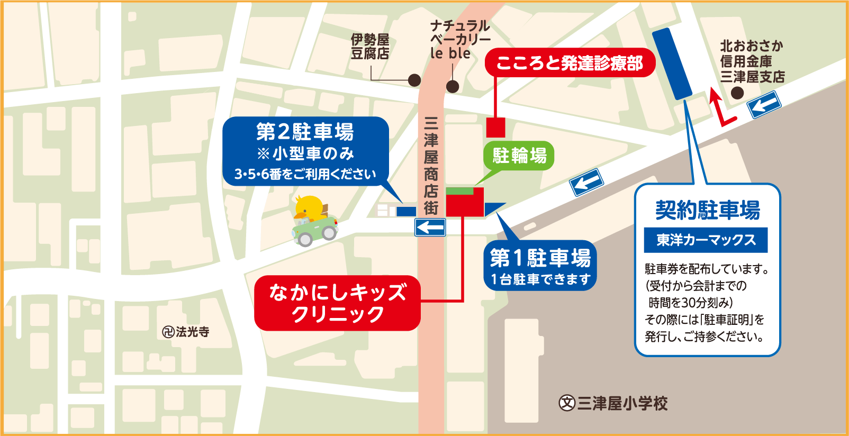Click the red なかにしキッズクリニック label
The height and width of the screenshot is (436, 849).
337,303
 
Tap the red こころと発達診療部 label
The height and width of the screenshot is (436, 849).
570,63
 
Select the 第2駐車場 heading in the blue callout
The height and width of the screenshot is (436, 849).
305,131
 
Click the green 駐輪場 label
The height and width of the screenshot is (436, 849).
519,156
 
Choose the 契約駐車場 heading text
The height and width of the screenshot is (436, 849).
707,210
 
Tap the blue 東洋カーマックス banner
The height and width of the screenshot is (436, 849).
706,240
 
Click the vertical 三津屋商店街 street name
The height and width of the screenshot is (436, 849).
431,166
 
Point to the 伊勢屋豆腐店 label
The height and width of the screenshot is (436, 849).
370,47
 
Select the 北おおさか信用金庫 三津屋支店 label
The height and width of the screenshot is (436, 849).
752,61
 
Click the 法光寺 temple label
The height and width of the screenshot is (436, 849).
186,332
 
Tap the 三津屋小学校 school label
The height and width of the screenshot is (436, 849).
614,403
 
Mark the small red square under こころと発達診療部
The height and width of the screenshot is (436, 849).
495,128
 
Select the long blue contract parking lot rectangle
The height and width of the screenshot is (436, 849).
672,63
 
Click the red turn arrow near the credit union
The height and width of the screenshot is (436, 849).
720,108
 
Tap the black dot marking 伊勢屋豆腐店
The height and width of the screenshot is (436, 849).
414,80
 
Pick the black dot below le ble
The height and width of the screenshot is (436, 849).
453,86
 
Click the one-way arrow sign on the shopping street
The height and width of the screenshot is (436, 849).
430,228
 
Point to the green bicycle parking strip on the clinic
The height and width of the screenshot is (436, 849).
459,190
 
